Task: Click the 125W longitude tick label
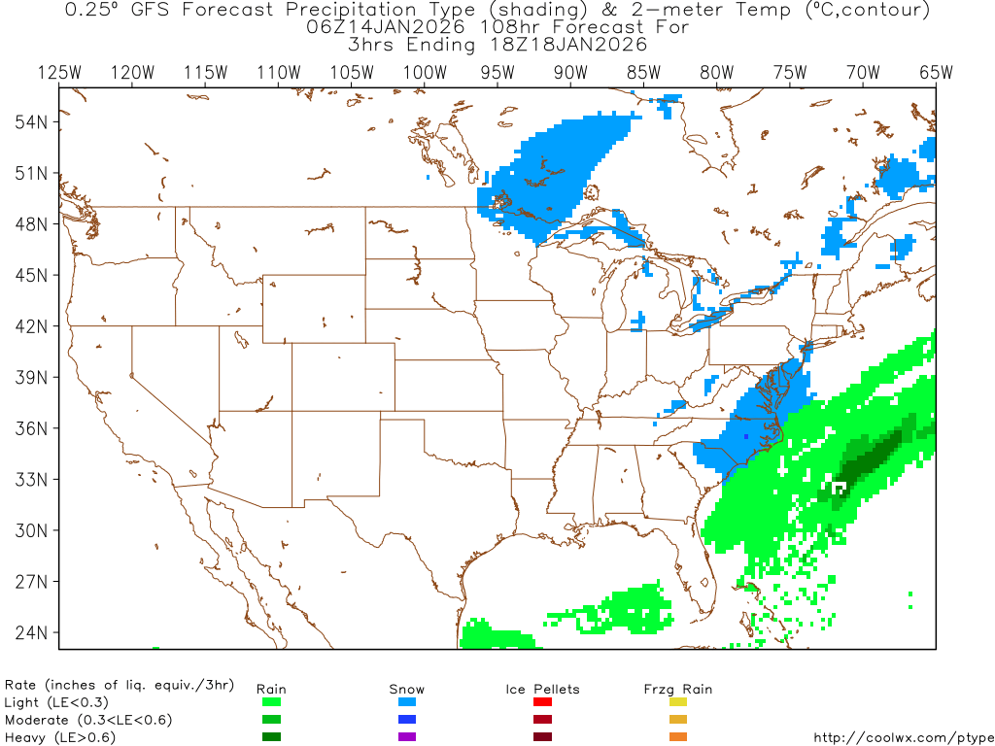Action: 59,72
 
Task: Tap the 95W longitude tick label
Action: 497,72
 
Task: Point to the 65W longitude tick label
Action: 936,72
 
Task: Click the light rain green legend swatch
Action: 271,701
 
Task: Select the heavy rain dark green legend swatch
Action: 271,736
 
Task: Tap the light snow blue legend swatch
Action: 407,701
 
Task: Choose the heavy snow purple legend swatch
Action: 407,736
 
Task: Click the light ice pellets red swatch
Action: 542,701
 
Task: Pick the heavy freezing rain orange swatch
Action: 678,736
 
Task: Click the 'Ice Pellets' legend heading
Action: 542,689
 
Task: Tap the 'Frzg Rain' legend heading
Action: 678,689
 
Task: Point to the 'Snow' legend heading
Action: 407,689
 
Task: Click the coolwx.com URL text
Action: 903,737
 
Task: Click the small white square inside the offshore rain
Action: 840,485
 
